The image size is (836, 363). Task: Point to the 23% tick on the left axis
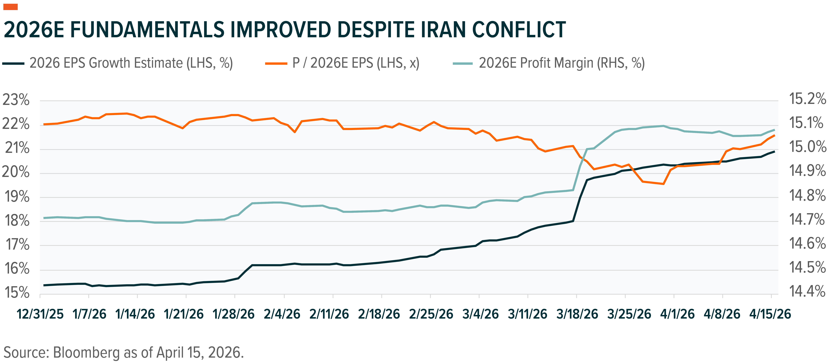(16, 100)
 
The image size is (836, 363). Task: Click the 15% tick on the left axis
(16, 293)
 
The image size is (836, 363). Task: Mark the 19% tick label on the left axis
(16, 197)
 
